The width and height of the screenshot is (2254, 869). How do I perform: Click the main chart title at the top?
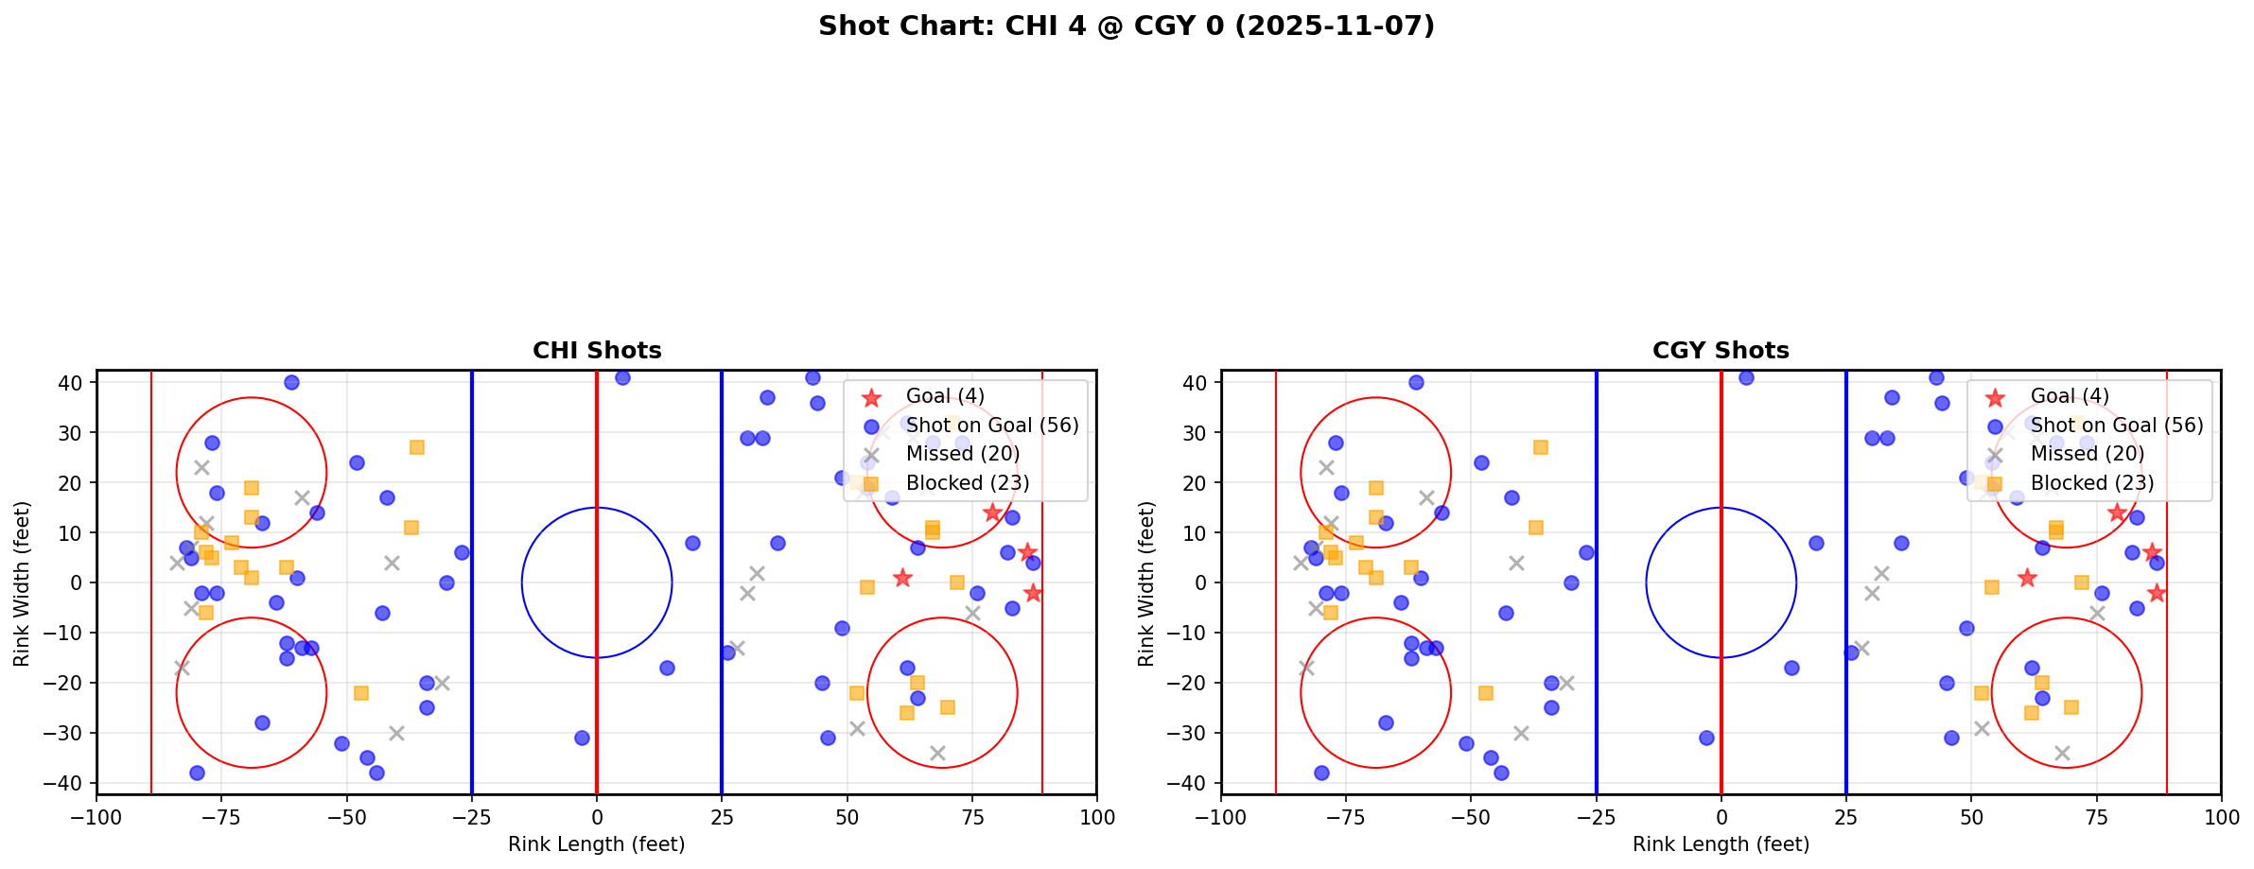click(1126, 26)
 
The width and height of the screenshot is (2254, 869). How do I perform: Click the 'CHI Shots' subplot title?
click(597, 351)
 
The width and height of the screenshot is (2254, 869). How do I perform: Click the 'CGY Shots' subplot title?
click(1721, 351)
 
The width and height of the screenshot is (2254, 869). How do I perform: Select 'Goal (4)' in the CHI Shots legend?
click(945, 396)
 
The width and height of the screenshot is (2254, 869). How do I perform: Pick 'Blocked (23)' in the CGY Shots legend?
click(2092, 483)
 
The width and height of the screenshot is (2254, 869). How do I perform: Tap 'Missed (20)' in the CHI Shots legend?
click(962, 454)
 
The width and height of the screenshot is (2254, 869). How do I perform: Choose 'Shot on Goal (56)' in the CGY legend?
click(2117, 426)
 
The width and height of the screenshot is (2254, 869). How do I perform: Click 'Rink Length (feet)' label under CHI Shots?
click(597, 844)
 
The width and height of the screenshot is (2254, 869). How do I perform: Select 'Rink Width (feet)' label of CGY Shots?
click(1146, 583)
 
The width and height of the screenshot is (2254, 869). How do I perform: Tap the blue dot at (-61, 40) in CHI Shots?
click(291, 383)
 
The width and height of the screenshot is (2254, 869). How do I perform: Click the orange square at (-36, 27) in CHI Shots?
click(417, 447)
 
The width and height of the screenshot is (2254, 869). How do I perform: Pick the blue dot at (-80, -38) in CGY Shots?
click(1321, 773)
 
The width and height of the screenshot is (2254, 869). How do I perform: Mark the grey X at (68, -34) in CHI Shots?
click(937, 753)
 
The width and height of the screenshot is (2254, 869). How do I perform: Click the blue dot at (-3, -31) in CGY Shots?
click(1706, 738)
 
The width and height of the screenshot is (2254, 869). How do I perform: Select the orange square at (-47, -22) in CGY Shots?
click(1486, 693)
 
